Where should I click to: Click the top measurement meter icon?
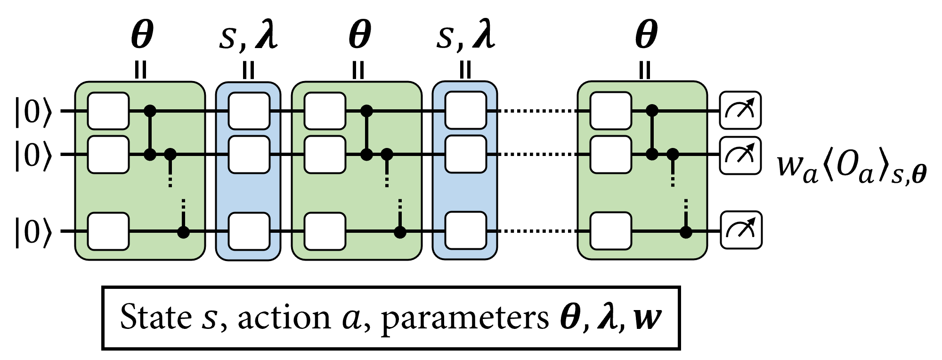(740, 111)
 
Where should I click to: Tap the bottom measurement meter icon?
(741, 230)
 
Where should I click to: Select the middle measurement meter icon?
(740, 155)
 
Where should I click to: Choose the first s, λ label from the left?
(249, 37)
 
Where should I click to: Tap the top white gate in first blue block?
(249, 111)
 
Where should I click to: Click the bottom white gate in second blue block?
(466, 230)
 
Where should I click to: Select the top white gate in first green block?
(108, 111)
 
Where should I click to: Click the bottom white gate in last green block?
(610, 231)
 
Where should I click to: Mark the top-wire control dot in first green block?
(150, 111)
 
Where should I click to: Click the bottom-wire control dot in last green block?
(686, 232)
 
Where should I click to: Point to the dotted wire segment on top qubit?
(537, 111)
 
